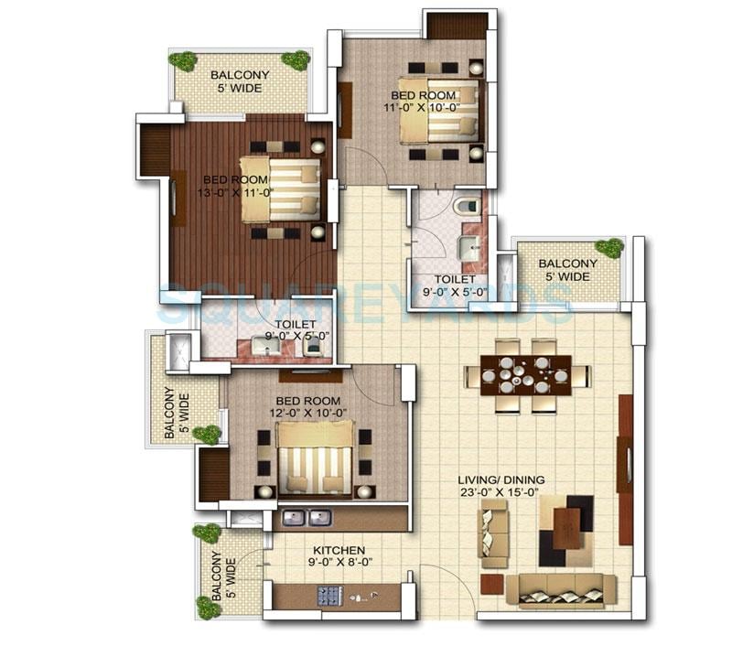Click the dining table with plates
pyautogui.click(x=525, y=374)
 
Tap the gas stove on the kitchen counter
pyautogui.click(x=329, y=596)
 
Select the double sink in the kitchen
pyautogui.click(x=306, y=518)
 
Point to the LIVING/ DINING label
pyautogui.click(x=502, y=479)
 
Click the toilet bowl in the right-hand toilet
pyautogui.click(x=466, y=206)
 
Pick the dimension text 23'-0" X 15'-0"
pyautogui.click(x=502, y=492)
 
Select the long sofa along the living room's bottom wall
pyautogui.click(x=554, y=591)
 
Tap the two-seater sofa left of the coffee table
pyautogui.click(x=494, y=533)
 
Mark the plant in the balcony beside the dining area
pyautogui.click(x=608, y=248)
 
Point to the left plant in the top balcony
pyautogui.click(x=183, y=61)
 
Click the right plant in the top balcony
pyautogui.click(x=296, y=60)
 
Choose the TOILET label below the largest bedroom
pyautogui.click(x=296, y=324)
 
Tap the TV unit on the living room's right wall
pyautogui.click(x=626, y=468)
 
